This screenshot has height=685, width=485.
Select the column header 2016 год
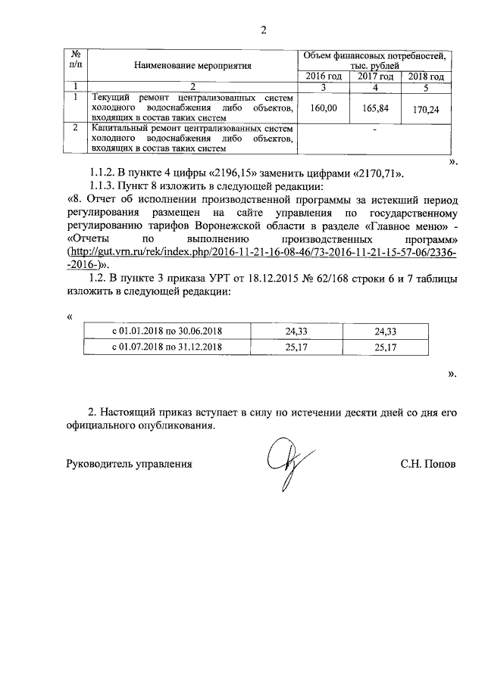[x=324, y=76]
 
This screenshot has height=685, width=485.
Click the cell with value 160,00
[x=324, y=108]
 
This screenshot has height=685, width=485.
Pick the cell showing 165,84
[x=374, y=108]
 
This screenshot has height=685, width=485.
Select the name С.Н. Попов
[x=429, y=463]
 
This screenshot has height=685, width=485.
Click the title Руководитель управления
[x=129, y=463]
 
